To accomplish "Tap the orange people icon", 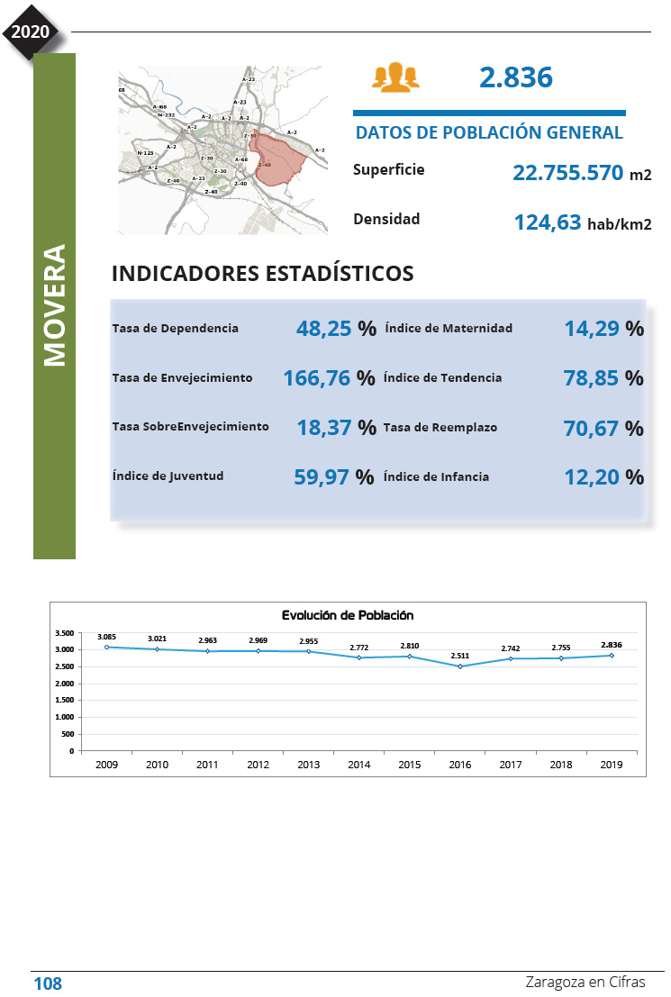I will [x=395, y=77].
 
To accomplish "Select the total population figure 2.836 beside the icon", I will [x=515, y=77].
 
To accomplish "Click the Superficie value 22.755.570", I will [x=567, y=172].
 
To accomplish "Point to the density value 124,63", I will [x=547, y=222].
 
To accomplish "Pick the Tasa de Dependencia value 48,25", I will [x=323, y=329].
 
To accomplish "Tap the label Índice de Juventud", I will [x=168, y=476].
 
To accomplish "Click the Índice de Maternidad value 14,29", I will [x=592, y=329].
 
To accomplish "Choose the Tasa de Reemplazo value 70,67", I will [x=592, y=428].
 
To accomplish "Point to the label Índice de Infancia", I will [x=436, y=476].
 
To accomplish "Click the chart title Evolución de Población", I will [x=347, y=615].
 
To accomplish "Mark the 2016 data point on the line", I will [x=460, y=666].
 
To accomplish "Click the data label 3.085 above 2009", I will [x=107, y=637].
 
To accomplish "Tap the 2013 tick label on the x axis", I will [x=309, y=765].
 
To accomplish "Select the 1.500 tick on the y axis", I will [x=63, y=701].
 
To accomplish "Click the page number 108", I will [x=48, y=983].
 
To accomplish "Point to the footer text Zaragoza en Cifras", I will [x=585, y=983].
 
